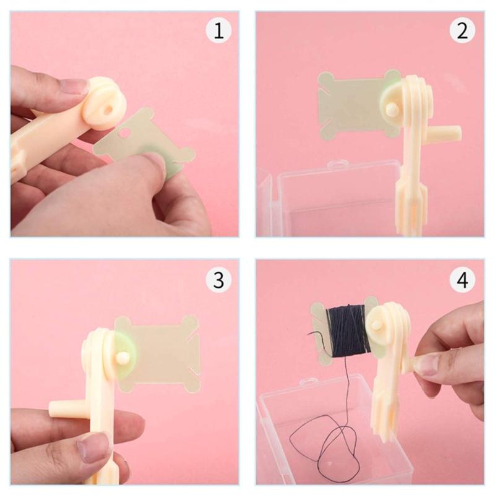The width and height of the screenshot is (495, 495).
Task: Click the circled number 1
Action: click(x=218, y=32)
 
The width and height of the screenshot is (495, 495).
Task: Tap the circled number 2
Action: click(x=462, y=32)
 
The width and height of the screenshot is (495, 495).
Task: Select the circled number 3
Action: click(x=218, y=280)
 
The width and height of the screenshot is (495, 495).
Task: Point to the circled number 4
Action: click(x=462, y=280)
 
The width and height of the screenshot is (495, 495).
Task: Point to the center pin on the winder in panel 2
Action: click(x=392, y=109)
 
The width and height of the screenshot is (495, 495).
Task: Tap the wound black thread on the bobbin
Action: click(x=348, y=331)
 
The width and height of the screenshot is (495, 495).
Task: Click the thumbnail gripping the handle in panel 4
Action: click(x=427, y=365)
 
